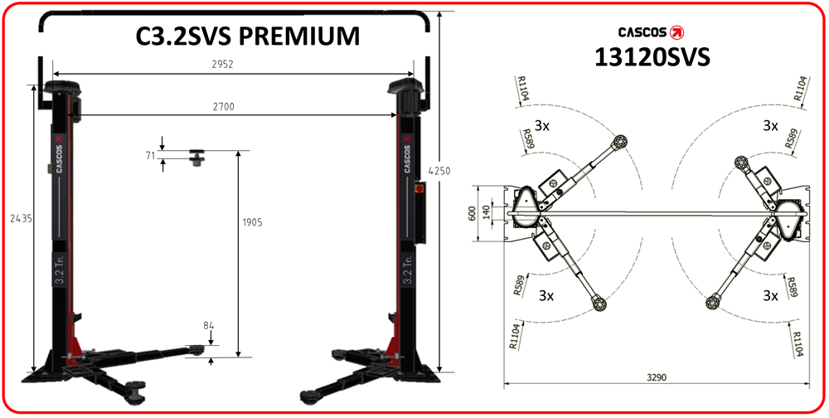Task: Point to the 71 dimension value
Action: tap(150, 154)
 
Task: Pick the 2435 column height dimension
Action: tap(14, 219)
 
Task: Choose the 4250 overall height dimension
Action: tap(439, 171)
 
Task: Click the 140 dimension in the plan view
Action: tap(486, 213)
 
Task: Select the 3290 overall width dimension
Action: tap(657, 377)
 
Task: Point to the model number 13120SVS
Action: tap(652, 56)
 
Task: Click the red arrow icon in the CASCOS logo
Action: tap(679, 32)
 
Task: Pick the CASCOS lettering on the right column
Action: tap(407, 153)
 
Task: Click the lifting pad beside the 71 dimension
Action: tap(198, 157)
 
